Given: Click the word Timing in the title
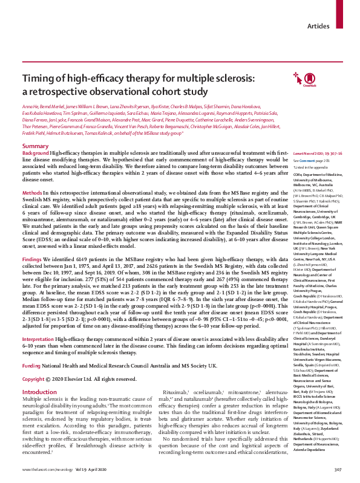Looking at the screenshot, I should tap(38, 80).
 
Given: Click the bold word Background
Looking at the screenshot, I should tap(36, 137).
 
